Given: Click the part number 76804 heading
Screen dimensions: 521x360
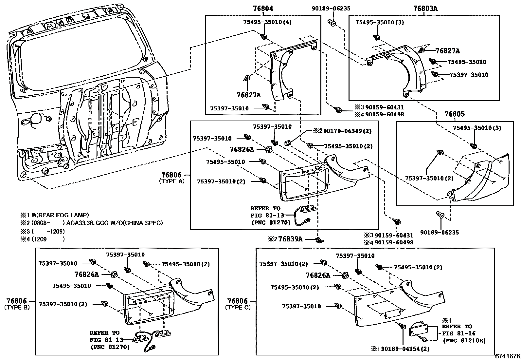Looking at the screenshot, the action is (263, 9).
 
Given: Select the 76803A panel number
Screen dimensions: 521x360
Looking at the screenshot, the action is (425, 9).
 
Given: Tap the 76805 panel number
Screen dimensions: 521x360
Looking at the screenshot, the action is (455, 114).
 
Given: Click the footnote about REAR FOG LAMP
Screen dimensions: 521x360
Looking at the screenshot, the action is (55, 215).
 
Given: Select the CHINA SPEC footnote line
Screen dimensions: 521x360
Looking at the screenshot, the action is (92, 223).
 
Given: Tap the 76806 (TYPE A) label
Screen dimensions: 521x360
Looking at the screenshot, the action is (172, 178).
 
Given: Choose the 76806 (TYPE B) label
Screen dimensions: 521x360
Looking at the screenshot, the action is (17, 304).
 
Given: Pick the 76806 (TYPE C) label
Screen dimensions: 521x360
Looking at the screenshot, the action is (238, 304).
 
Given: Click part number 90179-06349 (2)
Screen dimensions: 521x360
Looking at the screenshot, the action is (342, 131).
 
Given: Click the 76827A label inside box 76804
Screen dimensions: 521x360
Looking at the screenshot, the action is (249, 95).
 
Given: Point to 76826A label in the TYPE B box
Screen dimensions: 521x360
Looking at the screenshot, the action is (86, 274).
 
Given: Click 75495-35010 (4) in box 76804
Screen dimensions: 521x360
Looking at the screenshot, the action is (267, 22).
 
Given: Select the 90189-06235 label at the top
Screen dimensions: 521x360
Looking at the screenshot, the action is (331, 9).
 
